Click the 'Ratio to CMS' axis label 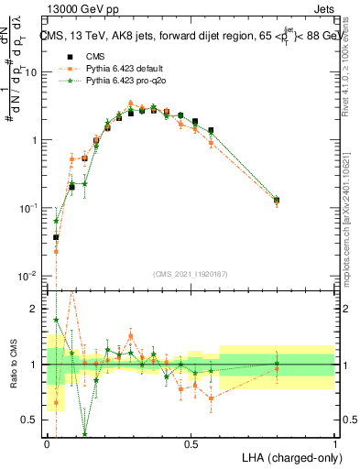coord(12,365)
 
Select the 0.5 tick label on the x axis coord(191,443)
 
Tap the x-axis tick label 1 coord(334,443)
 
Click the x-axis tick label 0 coord(48,443)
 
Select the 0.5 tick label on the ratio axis coord(33,420)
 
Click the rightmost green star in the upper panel coord(277,198)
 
